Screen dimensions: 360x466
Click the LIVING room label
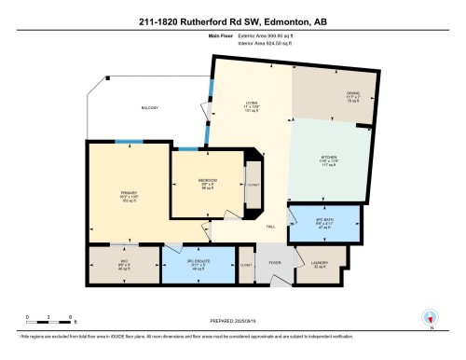click(250, 105)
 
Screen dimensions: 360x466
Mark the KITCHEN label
click(329, 159)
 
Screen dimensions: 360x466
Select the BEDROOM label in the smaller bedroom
click(208, 181)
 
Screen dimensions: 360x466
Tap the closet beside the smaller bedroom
click(254, 186)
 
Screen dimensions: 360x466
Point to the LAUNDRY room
click(322, 262)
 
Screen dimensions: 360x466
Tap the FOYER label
click(275, 262)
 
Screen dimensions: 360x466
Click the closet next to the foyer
click(245, 264)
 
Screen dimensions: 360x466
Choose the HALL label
click(270, 227)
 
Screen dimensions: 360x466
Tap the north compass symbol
click(431, 316)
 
